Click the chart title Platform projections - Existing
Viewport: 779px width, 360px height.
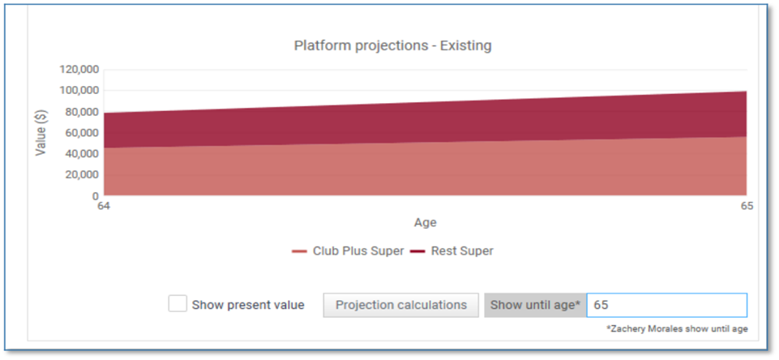tap(392, 45)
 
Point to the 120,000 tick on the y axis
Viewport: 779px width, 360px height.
tap(79, 69)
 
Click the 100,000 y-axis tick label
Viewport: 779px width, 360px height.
tap(79, 91)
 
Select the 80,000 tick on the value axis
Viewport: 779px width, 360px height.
tap(82, 112)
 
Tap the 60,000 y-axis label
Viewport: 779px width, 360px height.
tap(82, 133)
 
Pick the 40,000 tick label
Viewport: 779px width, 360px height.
tap(82, 154)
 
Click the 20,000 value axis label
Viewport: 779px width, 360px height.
tap(82, 175)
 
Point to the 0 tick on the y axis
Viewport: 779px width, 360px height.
tap(96, 196)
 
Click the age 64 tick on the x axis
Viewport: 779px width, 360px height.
tap(104, 206)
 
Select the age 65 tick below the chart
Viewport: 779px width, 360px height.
tap(747, 206)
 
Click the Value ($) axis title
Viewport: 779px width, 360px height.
tap(41, 132)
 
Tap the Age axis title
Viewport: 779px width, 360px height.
tap(426, 223)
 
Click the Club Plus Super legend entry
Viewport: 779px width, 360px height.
tap(348, 251)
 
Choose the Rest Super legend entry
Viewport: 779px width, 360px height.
tap(452, 251)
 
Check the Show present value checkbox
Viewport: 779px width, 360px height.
tap(178, 304)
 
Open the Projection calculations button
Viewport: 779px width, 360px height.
tap(401, 305)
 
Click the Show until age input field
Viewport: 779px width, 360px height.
tap(666, 305)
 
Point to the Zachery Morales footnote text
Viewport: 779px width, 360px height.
tap(677, 328)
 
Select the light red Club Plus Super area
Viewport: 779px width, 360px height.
tap(426, 172)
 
